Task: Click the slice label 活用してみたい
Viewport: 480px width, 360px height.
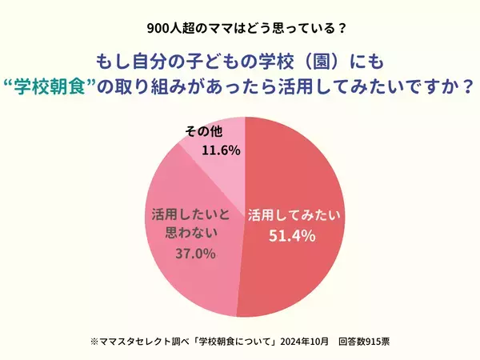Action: click(x=294, y=214)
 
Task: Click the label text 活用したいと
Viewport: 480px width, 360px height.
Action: click(x=190, y=214)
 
